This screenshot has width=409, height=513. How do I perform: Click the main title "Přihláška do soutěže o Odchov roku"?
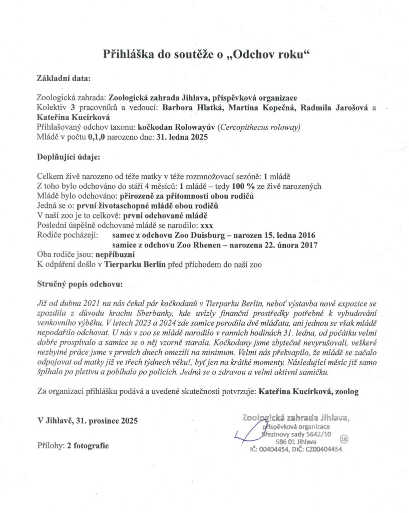(204, 54)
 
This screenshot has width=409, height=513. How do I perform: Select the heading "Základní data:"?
(64, 79)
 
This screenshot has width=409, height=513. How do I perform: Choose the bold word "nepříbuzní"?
(115, 254)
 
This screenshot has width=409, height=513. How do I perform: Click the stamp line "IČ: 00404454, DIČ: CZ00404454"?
(296, 450)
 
